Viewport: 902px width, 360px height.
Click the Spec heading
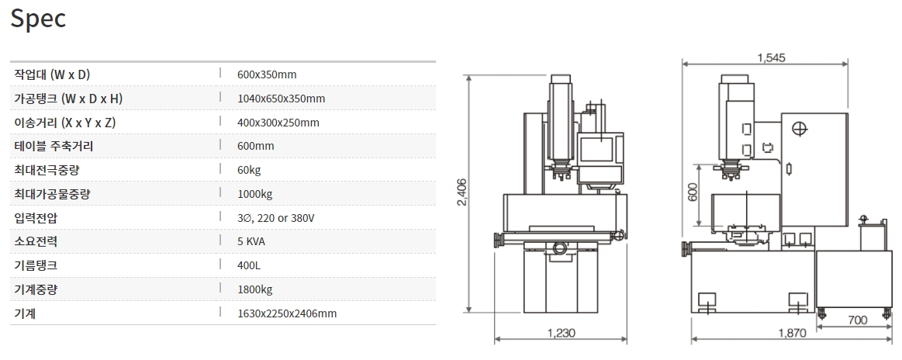38,19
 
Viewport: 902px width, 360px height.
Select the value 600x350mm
267,74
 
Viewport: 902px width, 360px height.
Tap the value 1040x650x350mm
281,99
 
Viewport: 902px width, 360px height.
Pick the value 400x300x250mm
278,123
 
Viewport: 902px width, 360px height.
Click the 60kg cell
249,170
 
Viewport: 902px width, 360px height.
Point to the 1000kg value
254,194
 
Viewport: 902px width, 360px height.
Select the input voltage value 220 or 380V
275,218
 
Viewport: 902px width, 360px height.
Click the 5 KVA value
252,241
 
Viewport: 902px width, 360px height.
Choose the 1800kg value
254,289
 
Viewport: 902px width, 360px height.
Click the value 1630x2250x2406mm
287,313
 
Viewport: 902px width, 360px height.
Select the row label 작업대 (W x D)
52,74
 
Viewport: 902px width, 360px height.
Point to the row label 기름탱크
36,265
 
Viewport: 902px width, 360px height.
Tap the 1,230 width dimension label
561,334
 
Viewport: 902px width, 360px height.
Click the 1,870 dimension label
791,334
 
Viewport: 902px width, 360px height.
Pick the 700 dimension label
857,320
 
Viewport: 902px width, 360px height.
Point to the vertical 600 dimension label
693,192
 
